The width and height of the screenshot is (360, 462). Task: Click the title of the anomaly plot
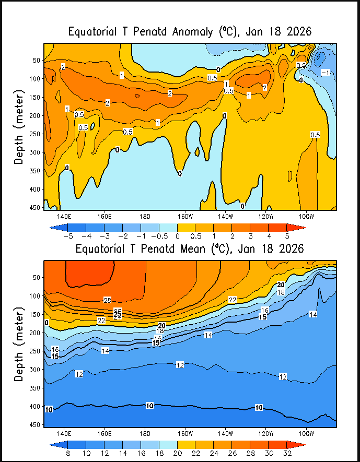[x=190, y=32]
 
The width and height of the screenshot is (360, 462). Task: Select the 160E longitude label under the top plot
[x=103, y=216]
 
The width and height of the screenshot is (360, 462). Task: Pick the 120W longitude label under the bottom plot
[x=265, y=433]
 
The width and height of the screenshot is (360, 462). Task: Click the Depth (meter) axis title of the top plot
[x=19, y=127]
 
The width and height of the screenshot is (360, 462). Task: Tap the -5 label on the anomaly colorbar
[x=67, y=236]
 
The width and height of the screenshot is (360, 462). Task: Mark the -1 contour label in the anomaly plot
[x=325, y=72]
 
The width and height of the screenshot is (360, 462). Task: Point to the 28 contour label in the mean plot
[x=108, y=300]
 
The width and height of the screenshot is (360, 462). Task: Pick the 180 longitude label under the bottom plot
[x=145, y=433]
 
